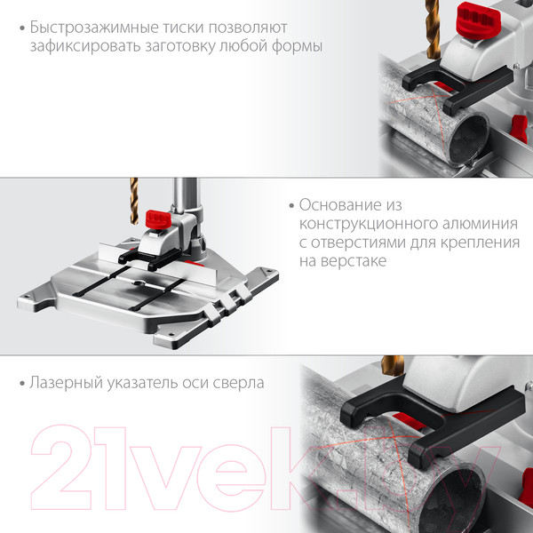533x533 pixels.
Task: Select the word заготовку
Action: tap(179, 46)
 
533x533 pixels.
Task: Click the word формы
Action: tap(297, 46)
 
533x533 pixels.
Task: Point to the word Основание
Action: tap(340, 205)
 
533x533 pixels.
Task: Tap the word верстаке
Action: tap(354, 261)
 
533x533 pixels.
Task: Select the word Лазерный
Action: tap(66, 383)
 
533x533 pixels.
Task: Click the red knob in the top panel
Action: tap(478, 20)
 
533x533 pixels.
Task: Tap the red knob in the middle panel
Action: tap(158, 219)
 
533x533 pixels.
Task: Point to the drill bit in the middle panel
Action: tap(134, 201)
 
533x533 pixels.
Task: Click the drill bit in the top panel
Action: tap(433, 29)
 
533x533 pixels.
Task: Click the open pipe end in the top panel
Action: tap(469, 139)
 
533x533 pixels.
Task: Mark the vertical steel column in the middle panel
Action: tap(186, 196)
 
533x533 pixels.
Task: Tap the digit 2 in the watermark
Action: tap(61, 468)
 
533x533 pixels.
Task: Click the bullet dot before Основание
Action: tap(291, 206)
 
